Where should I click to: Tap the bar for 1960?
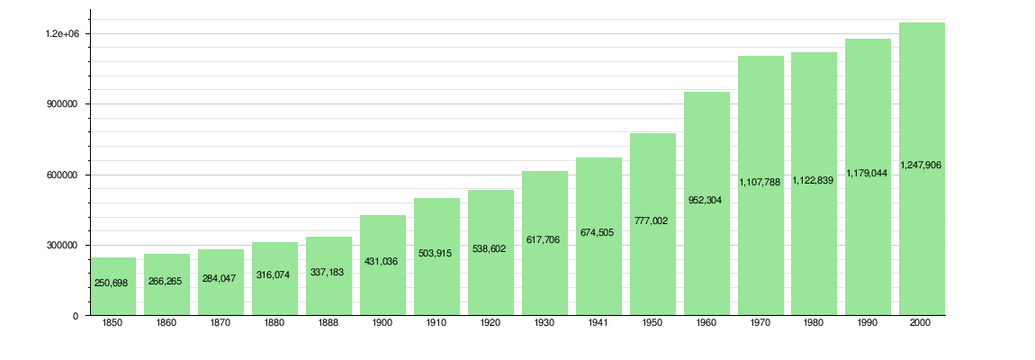(706, 252)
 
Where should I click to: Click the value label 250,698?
(113, 283)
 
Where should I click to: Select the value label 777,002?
(652, 220)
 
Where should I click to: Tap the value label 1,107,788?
(760, 182)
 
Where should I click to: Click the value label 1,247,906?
(922, 166)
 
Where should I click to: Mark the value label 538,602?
(490, 248)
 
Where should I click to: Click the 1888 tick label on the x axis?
(328, 323)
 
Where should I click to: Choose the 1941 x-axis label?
(598, 323)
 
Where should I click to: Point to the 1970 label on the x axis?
(760, 323)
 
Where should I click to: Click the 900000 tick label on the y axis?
(63, 104)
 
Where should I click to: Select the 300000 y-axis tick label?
(63, 246)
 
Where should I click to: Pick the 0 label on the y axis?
(76, 316)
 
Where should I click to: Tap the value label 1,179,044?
(868, 174)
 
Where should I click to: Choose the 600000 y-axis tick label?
(63, 175)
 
